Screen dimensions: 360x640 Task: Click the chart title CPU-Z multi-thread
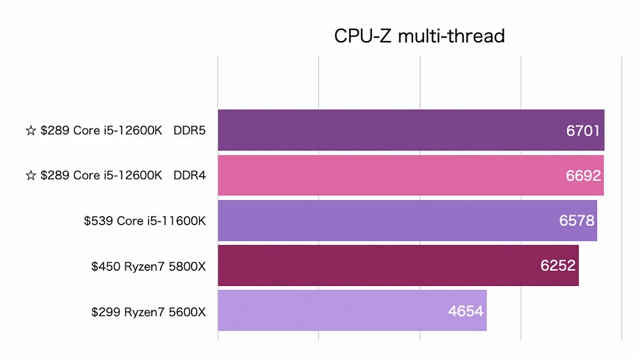point(419,36)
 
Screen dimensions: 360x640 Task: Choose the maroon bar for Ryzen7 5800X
point(387,265)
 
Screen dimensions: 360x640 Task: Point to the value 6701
point(583,131)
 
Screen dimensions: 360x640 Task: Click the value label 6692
point(583,176)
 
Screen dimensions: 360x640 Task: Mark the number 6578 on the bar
point(576,221)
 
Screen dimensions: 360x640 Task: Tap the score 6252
point(558,266)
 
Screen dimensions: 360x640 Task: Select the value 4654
point(466,311)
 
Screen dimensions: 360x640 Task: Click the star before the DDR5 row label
point(31,131)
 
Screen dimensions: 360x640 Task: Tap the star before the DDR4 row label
point(31,176)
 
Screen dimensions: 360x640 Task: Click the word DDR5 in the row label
point(190,131)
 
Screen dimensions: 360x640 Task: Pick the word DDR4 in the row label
point(190,176)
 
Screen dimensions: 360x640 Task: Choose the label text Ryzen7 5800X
point(166,266)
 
